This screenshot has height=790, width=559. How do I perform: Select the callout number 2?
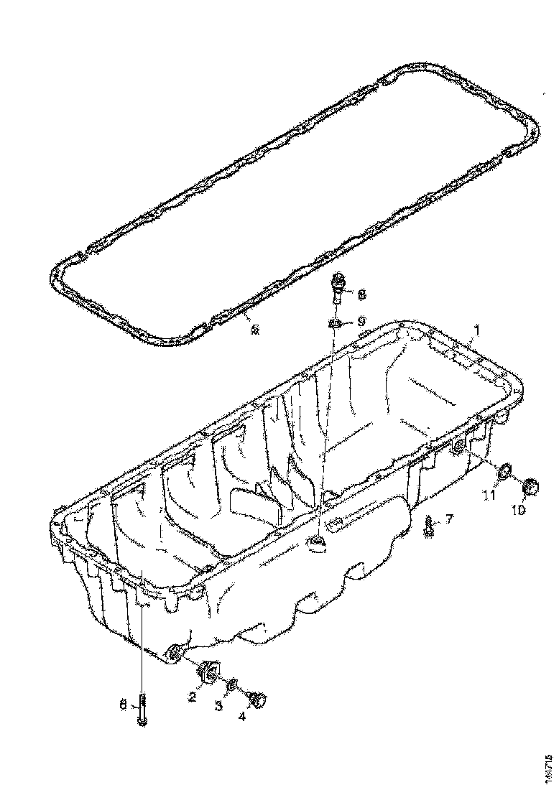click(192, 696)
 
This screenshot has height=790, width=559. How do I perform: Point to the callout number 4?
click(242, 715)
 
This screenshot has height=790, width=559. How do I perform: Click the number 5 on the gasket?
click(252, 330)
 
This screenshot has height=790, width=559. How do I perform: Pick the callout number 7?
click(449, 518)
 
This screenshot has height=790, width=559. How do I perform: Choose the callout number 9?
click(361, 320)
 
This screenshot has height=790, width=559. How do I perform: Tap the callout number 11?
click(489, 495)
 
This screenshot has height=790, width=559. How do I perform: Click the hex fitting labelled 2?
click(207, 671)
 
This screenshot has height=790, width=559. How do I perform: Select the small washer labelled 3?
click(231, 688)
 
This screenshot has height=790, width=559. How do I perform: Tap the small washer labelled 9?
click(336, 323)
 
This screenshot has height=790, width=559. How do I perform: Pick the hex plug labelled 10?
click(530, 487)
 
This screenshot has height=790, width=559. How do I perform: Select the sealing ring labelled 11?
click(504, 471)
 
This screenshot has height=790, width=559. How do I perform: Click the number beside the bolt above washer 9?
click(361, 294)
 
